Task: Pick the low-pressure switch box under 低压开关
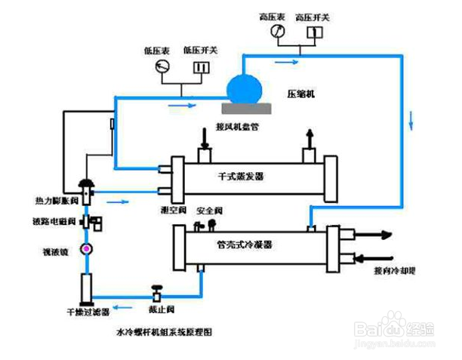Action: [x=200, y=68]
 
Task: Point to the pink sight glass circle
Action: [x=87, y=249]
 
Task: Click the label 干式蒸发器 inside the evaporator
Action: [x=242, y=176]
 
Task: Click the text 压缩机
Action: [x=300, y=94]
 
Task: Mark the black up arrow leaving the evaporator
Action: [x=309, y=139]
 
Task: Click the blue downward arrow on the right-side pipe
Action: [x=411, y=119]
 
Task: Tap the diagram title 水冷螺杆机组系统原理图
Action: [x=162, y=331]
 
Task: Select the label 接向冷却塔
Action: [x=395, y=269]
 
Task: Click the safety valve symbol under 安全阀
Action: [x=213, y=223]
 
